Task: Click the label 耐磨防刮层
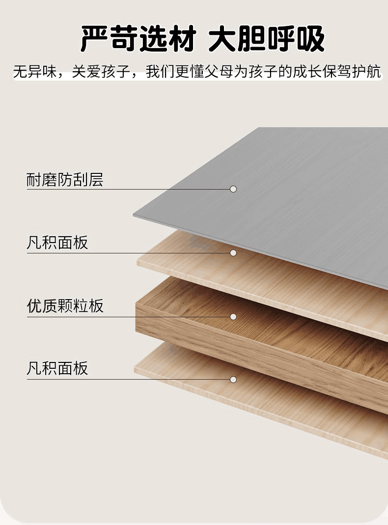click(x=65, y=179)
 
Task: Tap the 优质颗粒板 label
click(x=65, y=306)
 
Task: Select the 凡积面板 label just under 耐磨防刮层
click(x=57, y=243)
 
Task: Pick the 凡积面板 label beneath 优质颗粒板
click(x=57, y=368)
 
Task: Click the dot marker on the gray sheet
click(x=233, y=189)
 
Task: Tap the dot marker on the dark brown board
click(x=233, y=317)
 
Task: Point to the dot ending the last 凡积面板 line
click(x=233, y=380)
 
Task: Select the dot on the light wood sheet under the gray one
click(x=233, y=253)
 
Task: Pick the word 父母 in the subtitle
click(x=219, y=72)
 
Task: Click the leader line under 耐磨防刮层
click(x=128, y=189)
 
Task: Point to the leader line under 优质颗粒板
click(x=128, y=317)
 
